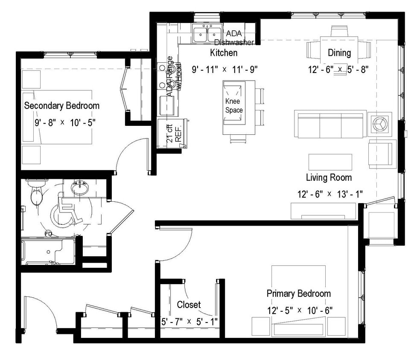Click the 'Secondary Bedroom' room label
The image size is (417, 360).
tap(62, 105)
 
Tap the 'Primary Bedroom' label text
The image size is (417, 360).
tap(298, 293)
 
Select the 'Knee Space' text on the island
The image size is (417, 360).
tap(234, 106)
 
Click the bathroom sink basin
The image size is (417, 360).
tap(79, 187)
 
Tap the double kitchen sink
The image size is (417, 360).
tap(207, 34)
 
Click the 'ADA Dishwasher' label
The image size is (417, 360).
tap(234, 38)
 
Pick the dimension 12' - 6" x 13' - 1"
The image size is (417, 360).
tap(330, 194)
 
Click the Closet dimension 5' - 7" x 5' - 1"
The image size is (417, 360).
tap(189, 321)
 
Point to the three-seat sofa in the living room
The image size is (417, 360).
tap(330, 124)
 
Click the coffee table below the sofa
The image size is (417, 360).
tap(330, 162)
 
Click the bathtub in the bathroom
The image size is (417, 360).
tap(48, 251)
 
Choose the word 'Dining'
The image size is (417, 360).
tap(339, 53)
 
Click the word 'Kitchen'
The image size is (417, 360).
tap(224, 53)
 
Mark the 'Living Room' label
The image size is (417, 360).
tap(329, 177)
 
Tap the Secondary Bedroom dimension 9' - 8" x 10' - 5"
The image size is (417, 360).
tap(65, 122)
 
